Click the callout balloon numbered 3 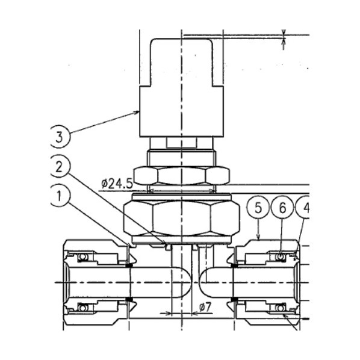click(59, 137)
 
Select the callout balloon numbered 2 click(59, 166)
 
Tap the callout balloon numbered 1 click(59, 196)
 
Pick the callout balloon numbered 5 click(258, 208)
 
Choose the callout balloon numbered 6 click(282, 208)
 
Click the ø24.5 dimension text click(117, 184)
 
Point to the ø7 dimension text click(205, 307)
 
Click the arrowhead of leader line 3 click(137, 112)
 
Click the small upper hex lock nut click(181, 176)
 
